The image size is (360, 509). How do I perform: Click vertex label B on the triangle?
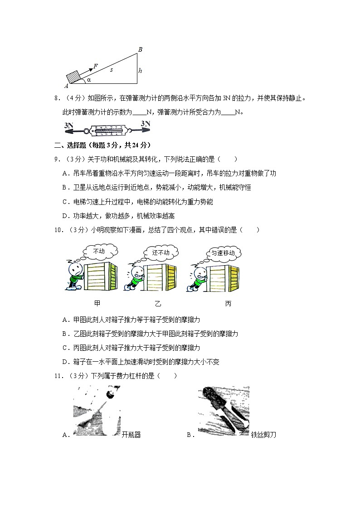click(140, 49)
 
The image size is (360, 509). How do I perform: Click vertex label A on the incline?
click(66, 86)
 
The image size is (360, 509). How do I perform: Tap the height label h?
click(141, 71)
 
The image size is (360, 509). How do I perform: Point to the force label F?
click(96, 66)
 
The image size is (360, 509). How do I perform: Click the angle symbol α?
click(89, 79)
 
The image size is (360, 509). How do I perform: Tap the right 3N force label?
click(146, 123)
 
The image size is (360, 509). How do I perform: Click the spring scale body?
click(107, 131)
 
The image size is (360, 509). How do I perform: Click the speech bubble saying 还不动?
click(161, 252)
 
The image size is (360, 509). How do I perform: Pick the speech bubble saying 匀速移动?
click(223, 253)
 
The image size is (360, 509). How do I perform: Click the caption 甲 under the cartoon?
click(97, 303)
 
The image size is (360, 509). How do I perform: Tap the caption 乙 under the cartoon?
click(158, 303)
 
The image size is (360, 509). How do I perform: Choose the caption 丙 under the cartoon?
click(228, 303)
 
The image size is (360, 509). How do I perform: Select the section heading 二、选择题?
click(73, 145)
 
